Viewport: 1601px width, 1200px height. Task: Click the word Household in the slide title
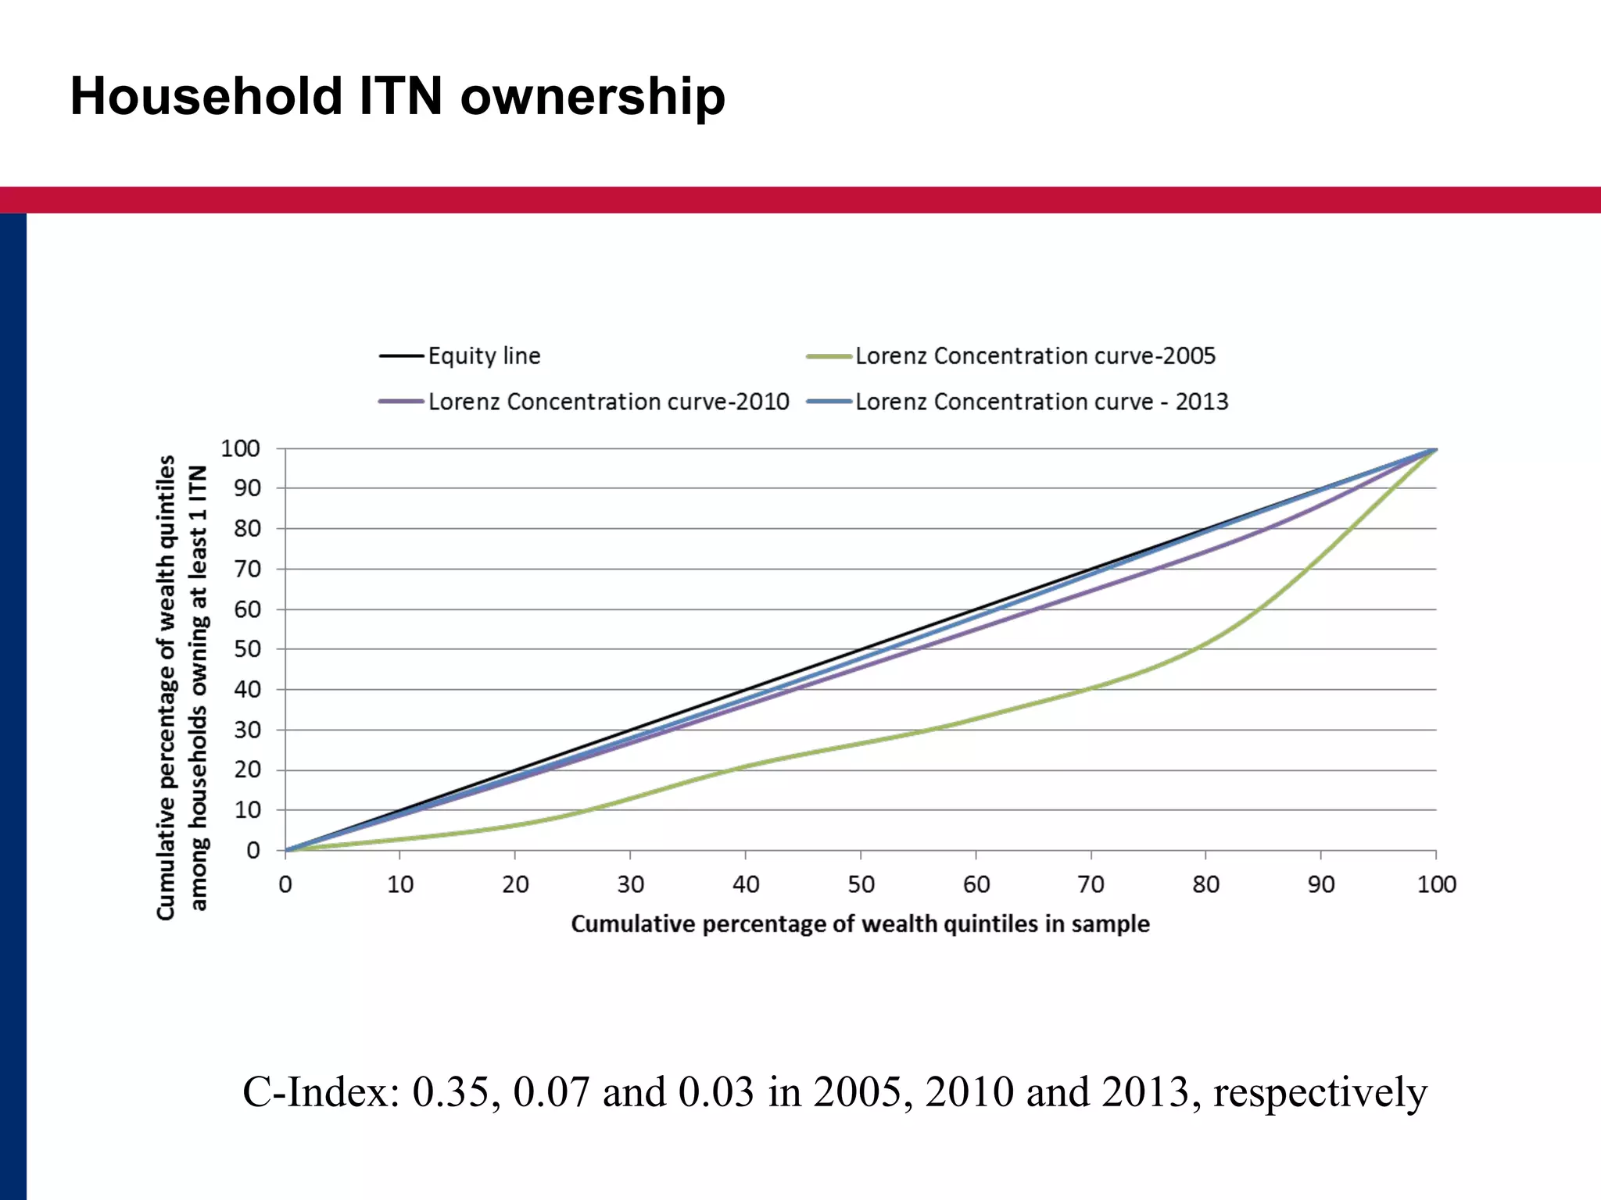[x=206, y=96]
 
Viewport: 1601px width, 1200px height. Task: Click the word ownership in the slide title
[x=593, y=96]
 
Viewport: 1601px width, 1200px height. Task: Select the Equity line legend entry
[x=483, y=356]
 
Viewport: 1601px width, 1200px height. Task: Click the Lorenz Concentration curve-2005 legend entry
[x=1034, y=356]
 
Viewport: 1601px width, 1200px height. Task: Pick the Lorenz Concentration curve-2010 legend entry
[x=607, y=402]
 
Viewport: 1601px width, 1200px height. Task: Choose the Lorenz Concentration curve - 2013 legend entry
[x=1040, y=402]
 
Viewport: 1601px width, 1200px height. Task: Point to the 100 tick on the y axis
[x=240, y=448]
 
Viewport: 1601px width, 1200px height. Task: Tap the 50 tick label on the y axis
[x=247, y=649]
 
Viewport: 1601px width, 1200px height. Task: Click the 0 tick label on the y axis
[x=253, y=851]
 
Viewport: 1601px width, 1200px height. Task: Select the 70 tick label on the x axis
[x=1091, y=884]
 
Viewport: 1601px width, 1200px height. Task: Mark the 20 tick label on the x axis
[x=515, y=884]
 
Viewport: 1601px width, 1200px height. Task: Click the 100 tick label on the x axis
[x=1436, y=884]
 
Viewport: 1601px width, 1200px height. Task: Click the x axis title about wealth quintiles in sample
[x=860, y=923]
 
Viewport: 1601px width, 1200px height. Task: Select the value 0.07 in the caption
[x=551, y=1092]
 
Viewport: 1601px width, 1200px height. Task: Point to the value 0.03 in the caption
[x=716, y=1092]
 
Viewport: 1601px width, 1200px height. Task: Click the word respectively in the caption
[x=1320, y=1092]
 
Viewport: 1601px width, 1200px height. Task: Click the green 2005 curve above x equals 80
[x=1205, y=643]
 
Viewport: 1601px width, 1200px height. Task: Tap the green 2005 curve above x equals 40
[x=745, y=766]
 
